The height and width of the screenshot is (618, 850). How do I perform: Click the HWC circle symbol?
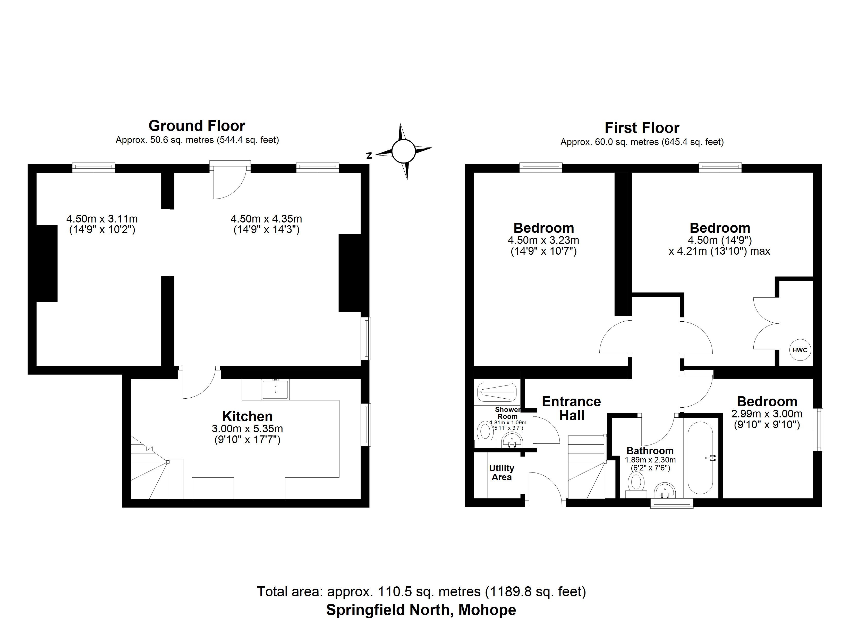800,350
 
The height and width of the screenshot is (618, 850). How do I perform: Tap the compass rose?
404,151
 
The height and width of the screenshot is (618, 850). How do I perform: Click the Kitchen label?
247,416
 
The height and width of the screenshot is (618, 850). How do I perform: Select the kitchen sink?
275,389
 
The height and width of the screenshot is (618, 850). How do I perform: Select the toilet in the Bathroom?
636,482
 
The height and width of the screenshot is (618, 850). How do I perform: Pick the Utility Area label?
501,473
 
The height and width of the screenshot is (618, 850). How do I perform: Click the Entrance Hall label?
571,408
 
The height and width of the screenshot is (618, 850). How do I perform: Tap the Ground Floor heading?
197,126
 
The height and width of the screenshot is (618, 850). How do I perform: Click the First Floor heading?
642,128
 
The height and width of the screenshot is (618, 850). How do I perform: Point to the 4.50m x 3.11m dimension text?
102,219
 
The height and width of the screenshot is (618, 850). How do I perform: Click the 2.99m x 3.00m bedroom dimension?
767,414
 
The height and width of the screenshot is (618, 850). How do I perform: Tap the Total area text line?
421,591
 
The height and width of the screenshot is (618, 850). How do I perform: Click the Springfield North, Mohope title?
421,610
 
